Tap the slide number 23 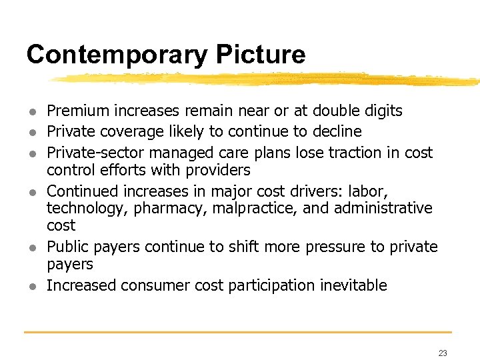(x=443, y=353)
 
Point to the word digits (x=379, y=111)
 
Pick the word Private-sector (x=93, y=152)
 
